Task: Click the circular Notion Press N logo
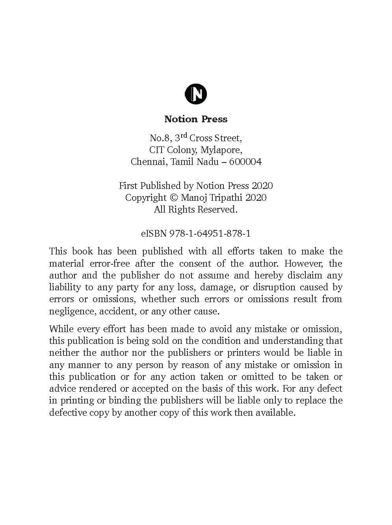click(x=196, y=94)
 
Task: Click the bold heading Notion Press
click(x=196, y=119)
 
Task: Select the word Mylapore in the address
click(x=221, y=150)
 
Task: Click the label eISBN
click(x=154, y=234)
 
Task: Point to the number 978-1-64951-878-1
click(x=210, y=234)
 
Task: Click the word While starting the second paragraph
click(x=61, y=329)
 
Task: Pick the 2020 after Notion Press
click(x=262, y=186)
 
